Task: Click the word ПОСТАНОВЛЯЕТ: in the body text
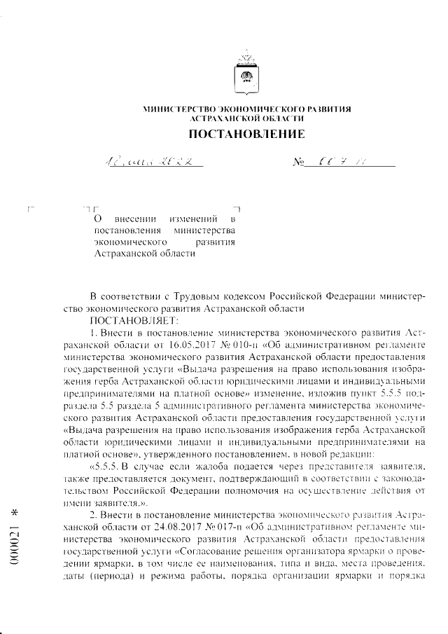127,319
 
